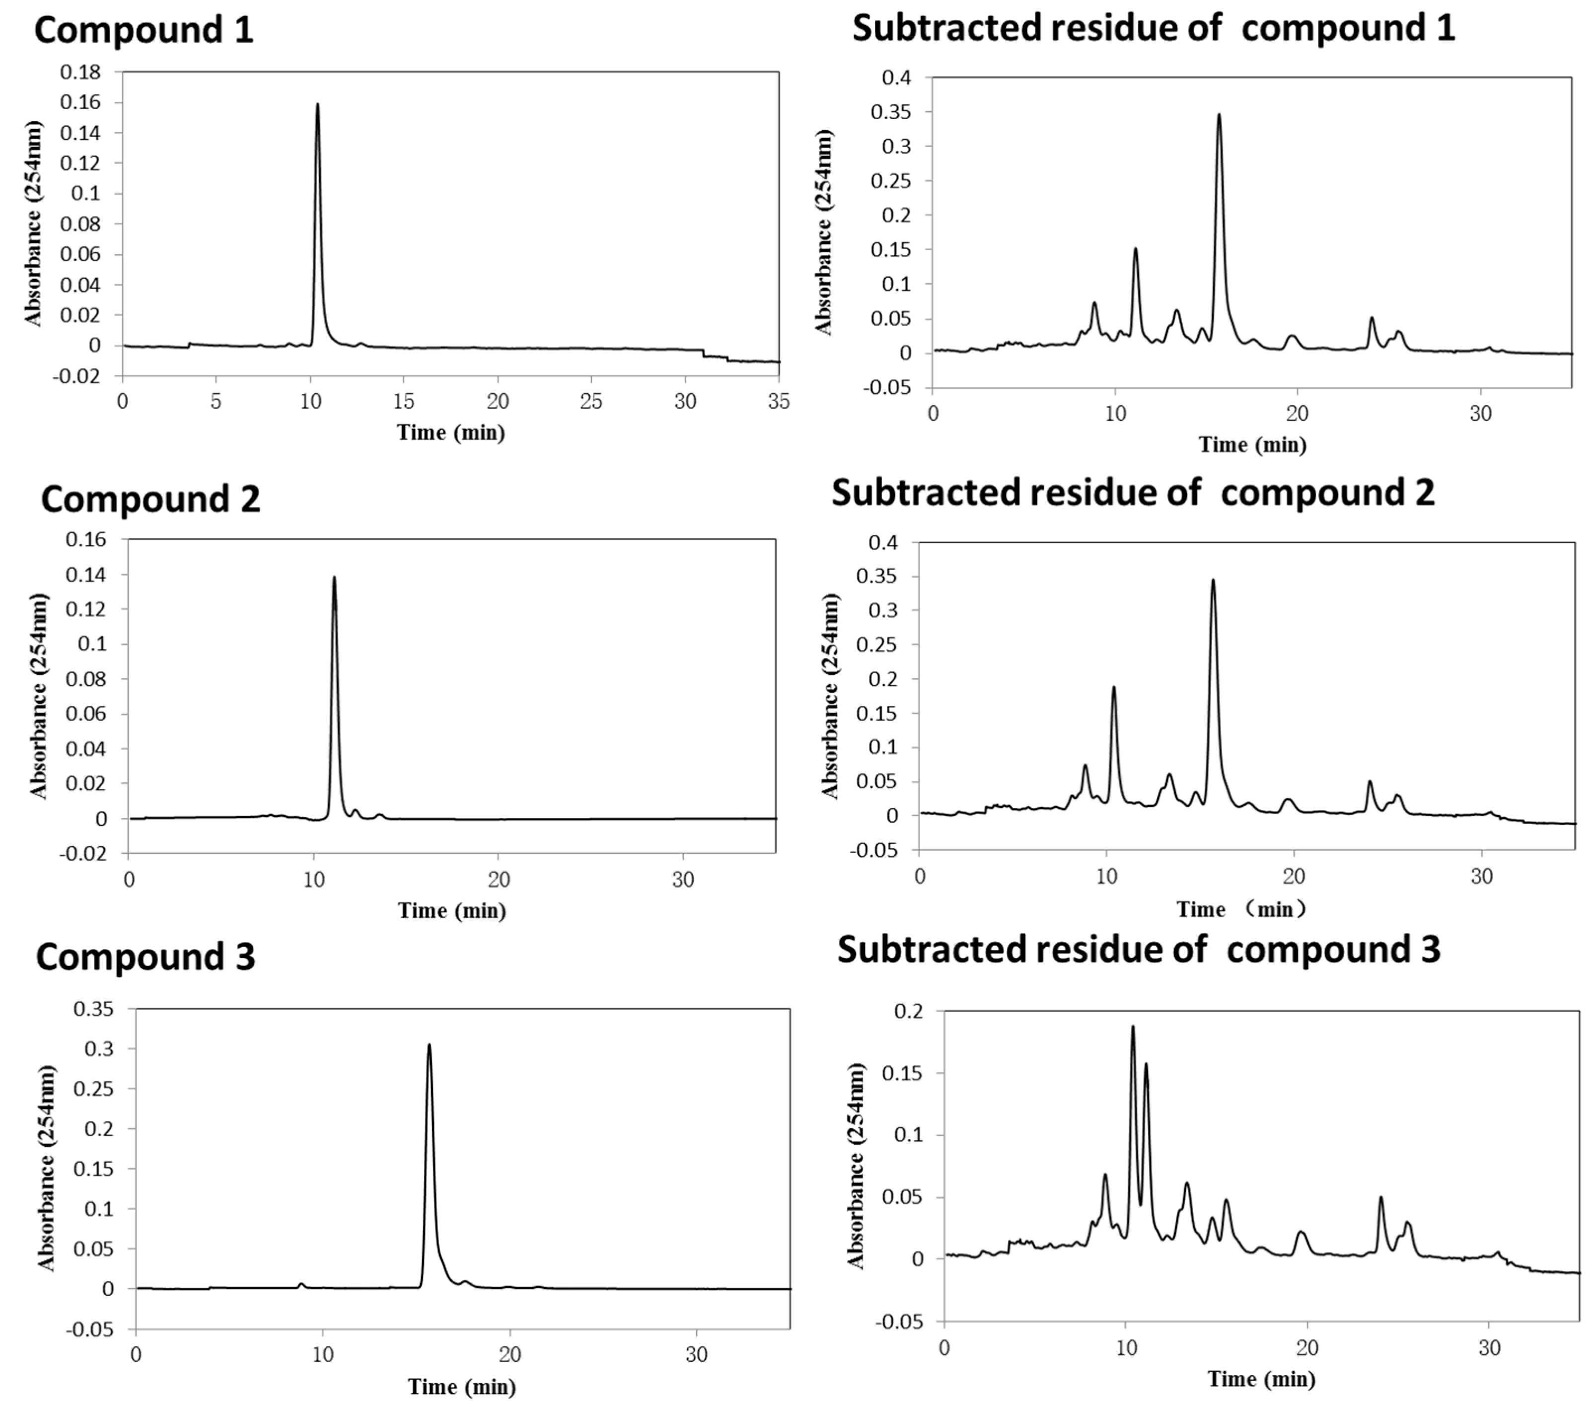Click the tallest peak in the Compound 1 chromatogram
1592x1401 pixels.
[x=317, y=104]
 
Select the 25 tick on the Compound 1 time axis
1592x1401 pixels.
[x=591, y=402]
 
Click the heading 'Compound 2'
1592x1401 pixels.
[x=150, y=499]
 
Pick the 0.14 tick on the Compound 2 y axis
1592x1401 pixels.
[x=86, y=575]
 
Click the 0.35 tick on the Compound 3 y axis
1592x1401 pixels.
[x=93, y=1009]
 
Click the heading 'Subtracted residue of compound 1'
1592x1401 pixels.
[x=1153, y=28]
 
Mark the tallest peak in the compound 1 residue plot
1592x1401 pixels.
[x=1219, y=115]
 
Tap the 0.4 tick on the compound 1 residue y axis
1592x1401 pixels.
[x=896, y=78]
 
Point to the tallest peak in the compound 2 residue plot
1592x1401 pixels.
[x=1213, y=580]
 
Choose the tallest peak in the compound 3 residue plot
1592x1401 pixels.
[x=1133, y=1027]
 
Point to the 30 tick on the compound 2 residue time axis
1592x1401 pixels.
[x=1481, y=876]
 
